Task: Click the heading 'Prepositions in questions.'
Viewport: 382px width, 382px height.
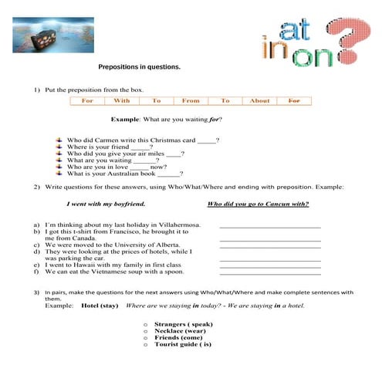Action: pyautogui.click(x=140, y=67)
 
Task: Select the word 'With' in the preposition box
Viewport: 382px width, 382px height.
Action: pyautogui.click(x=122, y=100)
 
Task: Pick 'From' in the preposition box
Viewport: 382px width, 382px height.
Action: pyautogui.click(x=191, y=100)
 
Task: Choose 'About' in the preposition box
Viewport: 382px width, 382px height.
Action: pyautogui.click(x=259, y=100)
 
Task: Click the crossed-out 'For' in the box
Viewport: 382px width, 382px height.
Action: pyautogui.click(x=294, y=100)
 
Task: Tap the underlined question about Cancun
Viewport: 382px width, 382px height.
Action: pyautogui.click(x=259, y=204)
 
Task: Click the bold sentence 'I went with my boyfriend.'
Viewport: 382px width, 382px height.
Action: pyautogui.click(x=106, y=204)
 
